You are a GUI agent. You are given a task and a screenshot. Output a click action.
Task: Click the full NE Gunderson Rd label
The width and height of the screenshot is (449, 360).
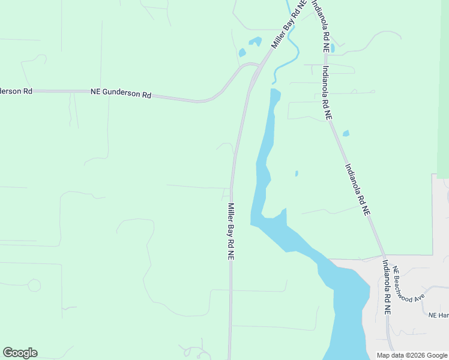tap(121, 94)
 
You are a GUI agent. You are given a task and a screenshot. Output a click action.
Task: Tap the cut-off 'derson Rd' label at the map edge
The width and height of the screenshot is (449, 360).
tap(16, 91)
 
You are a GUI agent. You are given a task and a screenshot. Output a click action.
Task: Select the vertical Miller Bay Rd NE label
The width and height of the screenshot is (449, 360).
tap(230, 231)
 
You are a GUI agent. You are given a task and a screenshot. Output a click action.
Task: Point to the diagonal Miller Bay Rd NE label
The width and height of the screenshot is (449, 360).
tap(288, 24)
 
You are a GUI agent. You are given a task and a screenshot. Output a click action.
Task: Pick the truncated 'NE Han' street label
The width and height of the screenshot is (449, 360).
tap(438, 315)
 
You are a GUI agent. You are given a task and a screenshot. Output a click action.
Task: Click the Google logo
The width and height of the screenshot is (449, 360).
tap(20, 353)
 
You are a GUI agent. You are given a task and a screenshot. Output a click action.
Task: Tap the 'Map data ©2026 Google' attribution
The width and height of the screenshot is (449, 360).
tap(411, 355)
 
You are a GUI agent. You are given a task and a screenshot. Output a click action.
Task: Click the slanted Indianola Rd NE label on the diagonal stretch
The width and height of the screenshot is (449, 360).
tap(357, 189)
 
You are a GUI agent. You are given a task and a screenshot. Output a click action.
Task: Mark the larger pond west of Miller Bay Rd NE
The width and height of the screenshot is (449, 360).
tap(255, 41)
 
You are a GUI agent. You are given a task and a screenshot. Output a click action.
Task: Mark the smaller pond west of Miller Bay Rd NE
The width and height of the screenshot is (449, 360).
tap(242, 53)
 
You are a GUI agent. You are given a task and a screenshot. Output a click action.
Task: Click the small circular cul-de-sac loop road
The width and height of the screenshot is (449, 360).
tap(34, 285)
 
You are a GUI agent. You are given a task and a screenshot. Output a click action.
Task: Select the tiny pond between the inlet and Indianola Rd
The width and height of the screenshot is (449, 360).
tap(297, 174)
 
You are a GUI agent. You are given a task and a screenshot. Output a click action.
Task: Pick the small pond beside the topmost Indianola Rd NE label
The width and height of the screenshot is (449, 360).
tap(333, 47)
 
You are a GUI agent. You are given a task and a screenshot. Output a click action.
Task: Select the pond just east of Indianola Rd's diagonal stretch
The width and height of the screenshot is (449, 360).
tap(346, 133)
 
